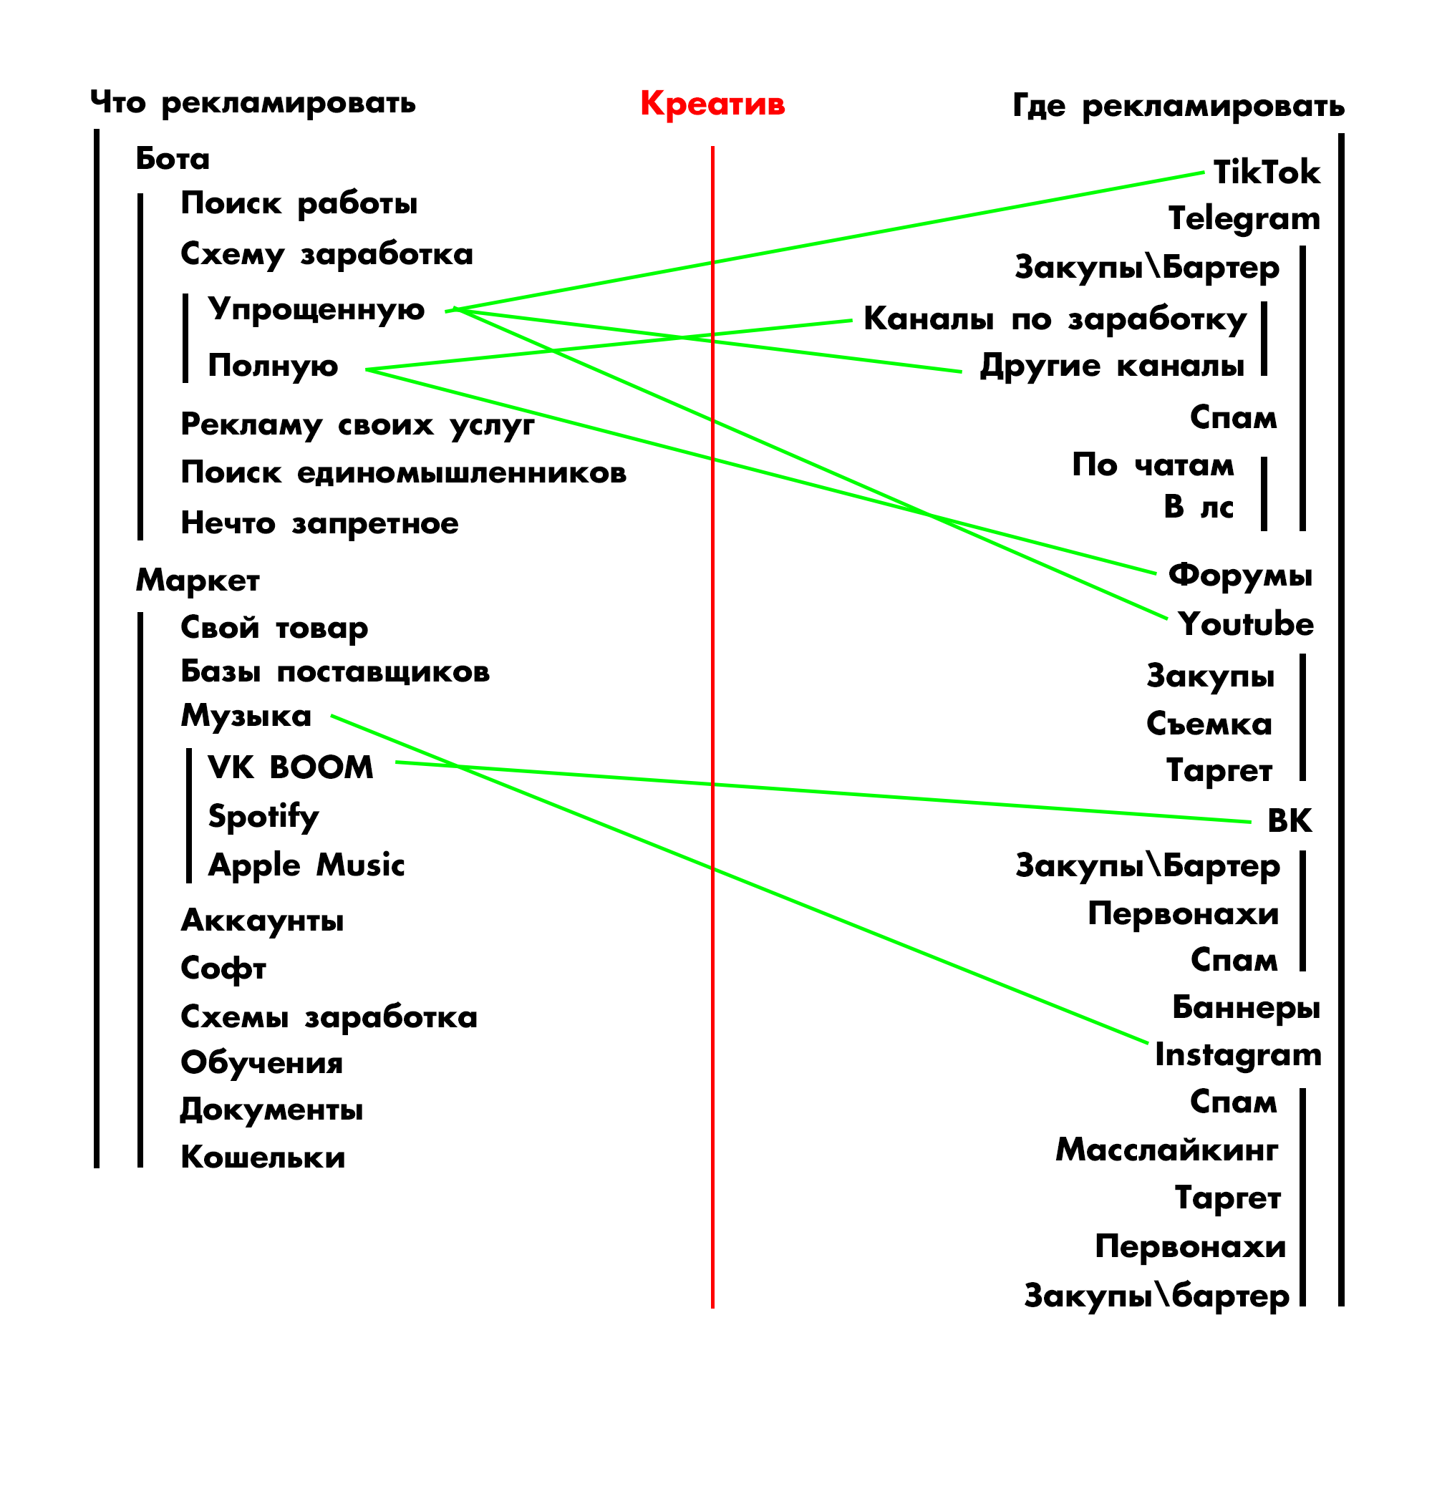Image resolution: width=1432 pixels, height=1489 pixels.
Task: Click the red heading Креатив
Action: (712, 103)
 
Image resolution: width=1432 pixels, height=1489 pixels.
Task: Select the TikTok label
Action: (1266, 173)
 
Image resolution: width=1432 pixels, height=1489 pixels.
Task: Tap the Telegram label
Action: (1244, 219)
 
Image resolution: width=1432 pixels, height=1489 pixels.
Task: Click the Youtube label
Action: (1246, 624)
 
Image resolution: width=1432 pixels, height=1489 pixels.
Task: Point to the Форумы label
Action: (1239, 575)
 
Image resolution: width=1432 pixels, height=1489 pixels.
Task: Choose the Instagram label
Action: (1237, 1055)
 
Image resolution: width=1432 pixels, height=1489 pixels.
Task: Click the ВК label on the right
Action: (1290, 820)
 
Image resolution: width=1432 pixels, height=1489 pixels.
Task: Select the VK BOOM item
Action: (290, 767)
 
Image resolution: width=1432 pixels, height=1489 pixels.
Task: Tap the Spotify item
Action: (263, 817)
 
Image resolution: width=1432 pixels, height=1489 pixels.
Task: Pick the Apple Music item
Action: (306, 865)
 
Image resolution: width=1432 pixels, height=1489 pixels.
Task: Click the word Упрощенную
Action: (316, 310)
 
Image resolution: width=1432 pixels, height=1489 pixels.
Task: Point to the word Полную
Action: (273, 367)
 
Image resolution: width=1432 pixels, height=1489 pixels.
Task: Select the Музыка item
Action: (246, 716)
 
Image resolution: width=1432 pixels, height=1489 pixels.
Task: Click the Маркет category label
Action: (198, 581)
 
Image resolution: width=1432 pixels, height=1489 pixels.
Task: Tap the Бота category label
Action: (173, 159)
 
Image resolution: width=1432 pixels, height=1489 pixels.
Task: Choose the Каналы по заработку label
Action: (1055, 320)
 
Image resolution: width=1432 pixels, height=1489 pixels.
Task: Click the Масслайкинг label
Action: (1167, 1150)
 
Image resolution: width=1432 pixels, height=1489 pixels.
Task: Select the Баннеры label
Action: (1246, 1007)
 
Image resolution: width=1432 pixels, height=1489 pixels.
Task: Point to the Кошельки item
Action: (263, 1157)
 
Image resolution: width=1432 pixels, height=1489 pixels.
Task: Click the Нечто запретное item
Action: (319, 523)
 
